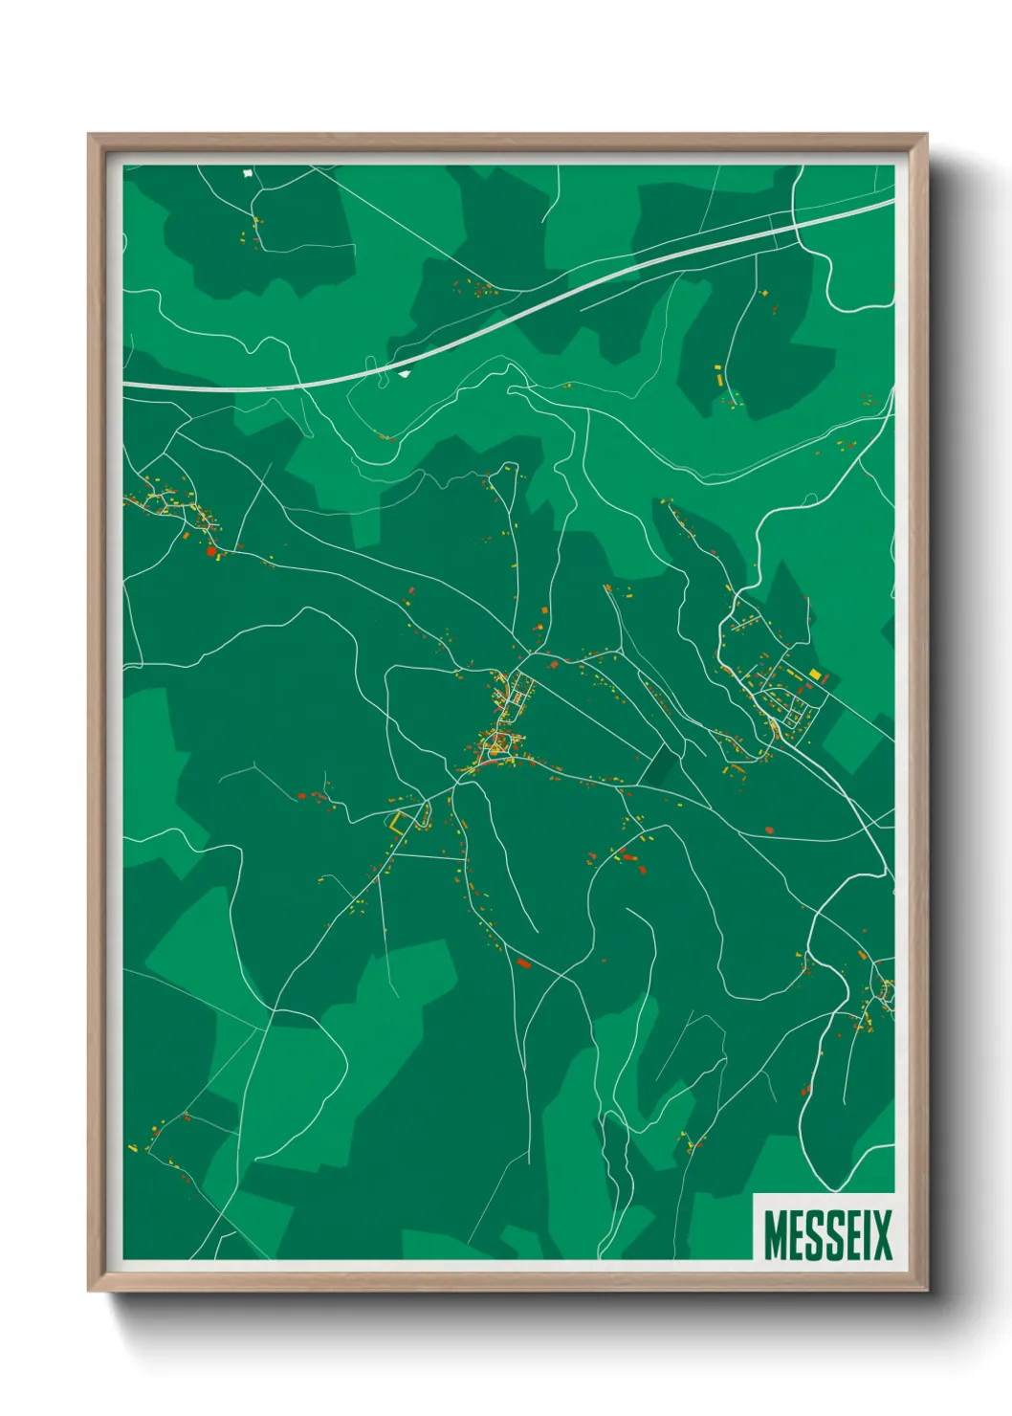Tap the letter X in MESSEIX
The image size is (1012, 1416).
pos(881,1235)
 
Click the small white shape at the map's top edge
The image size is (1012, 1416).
pos(249,174)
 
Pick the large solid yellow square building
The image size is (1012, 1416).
pos(815,675)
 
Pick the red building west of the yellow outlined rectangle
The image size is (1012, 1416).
pos(301,795)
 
